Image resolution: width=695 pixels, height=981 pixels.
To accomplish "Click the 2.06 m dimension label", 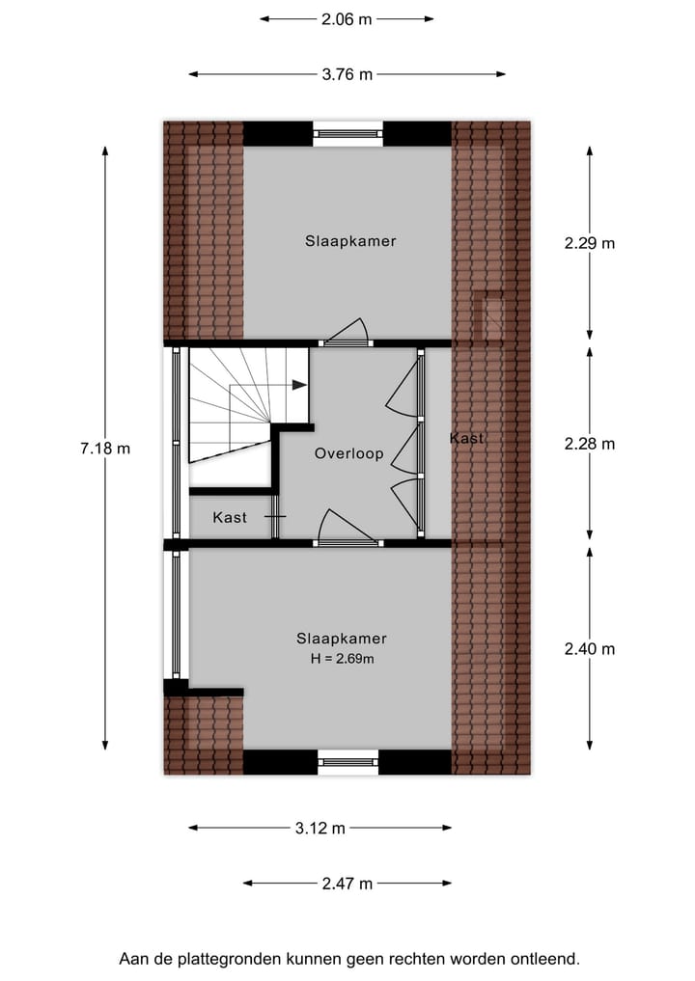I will [x=346, y=18].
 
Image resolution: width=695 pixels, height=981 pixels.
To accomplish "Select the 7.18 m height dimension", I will [x=105, y=448].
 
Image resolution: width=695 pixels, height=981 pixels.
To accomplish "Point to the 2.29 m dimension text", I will [x=589, y=243].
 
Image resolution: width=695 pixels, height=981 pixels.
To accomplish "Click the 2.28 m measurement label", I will [x=589, y=444].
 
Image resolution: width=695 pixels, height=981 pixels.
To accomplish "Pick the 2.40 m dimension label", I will [x=589, y=649].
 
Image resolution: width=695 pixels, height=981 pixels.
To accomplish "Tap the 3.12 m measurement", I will [x=320, y=828].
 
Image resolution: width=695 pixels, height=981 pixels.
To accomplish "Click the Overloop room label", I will [x=348, y=453].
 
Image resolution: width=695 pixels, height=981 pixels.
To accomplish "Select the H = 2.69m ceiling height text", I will [x=342, y=659].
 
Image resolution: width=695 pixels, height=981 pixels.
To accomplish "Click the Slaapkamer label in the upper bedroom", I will [x=350, y=241].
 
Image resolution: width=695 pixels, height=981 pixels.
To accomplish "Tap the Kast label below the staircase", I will [x=230, y=518].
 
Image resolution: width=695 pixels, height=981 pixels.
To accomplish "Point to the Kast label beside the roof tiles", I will [x=466, y=439].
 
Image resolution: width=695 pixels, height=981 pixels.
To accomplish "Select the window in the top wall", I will [x=347, y=133].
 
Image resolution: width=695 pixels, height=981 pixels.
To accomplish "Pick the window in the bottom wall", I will [x=347, y=762].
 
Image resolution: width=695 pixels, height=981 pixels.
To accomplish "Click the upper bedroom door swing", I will [x=348, y=332].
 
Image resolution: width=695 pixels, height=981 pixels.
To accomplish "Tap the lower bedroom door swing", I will [x=347, y=528].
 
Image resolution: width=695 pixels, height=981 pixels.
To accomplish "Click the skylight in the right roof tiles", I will [x=492, y=315].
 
